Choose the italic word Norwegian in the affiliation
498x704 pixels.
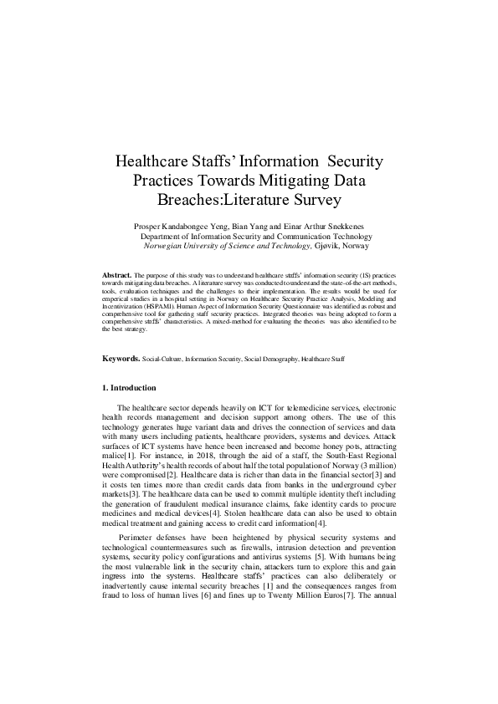[x=165, y=247]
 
